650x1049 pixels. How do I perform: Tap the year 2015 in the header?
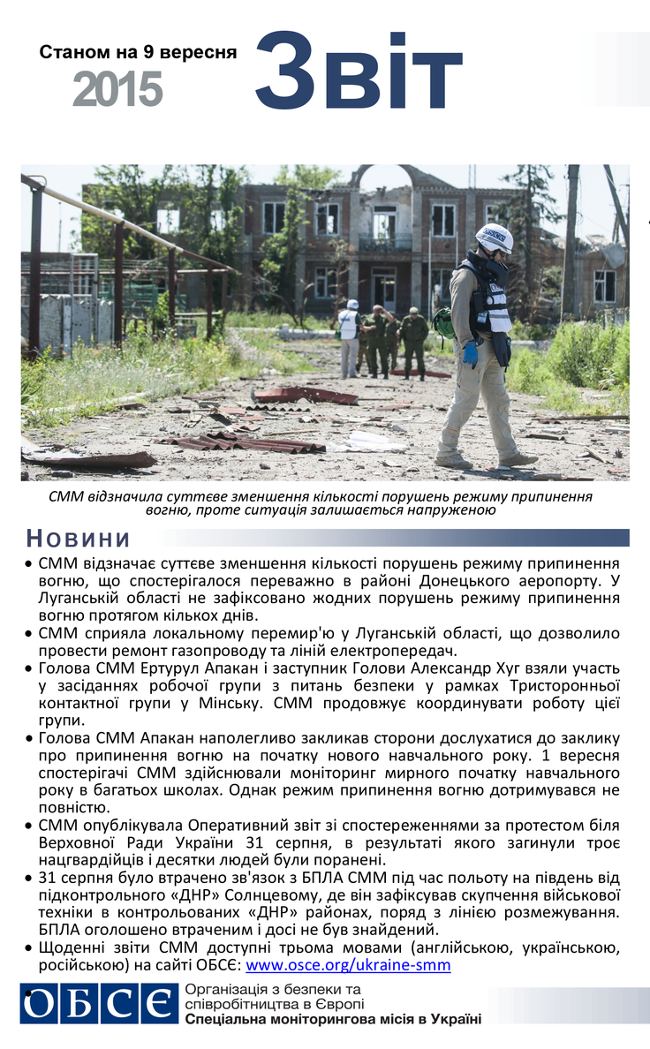[117, 89]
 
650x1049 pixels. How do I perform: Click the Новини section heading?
[78, 538]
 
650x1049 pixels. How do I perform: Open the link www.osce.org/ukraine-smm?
[348, 965]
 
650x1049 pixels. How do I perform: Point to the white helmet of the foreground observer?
[494, 237]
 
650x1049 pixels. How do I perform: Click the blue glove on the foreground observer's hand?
[471, 353]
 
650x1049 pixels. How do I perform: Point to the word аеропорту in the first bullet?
[551, 580]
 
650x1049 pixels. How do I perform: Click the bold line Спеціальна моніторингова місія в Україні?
[334, 1020]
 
